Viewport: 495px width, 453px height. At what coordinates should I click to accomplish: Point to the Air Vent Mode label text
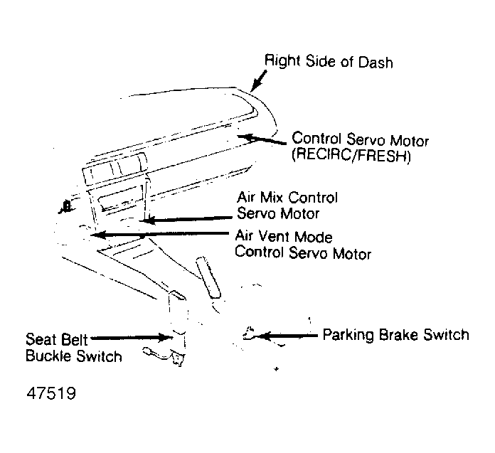[284, 237]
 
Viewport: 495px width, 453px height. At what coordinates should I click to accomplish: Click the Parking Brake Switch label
[395, 334]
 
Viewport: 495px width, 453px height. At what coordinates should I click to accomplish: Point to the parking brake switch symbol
[249, 333]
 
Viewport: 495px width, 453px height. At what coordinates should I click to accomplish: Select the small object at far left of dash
[65, 207]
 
